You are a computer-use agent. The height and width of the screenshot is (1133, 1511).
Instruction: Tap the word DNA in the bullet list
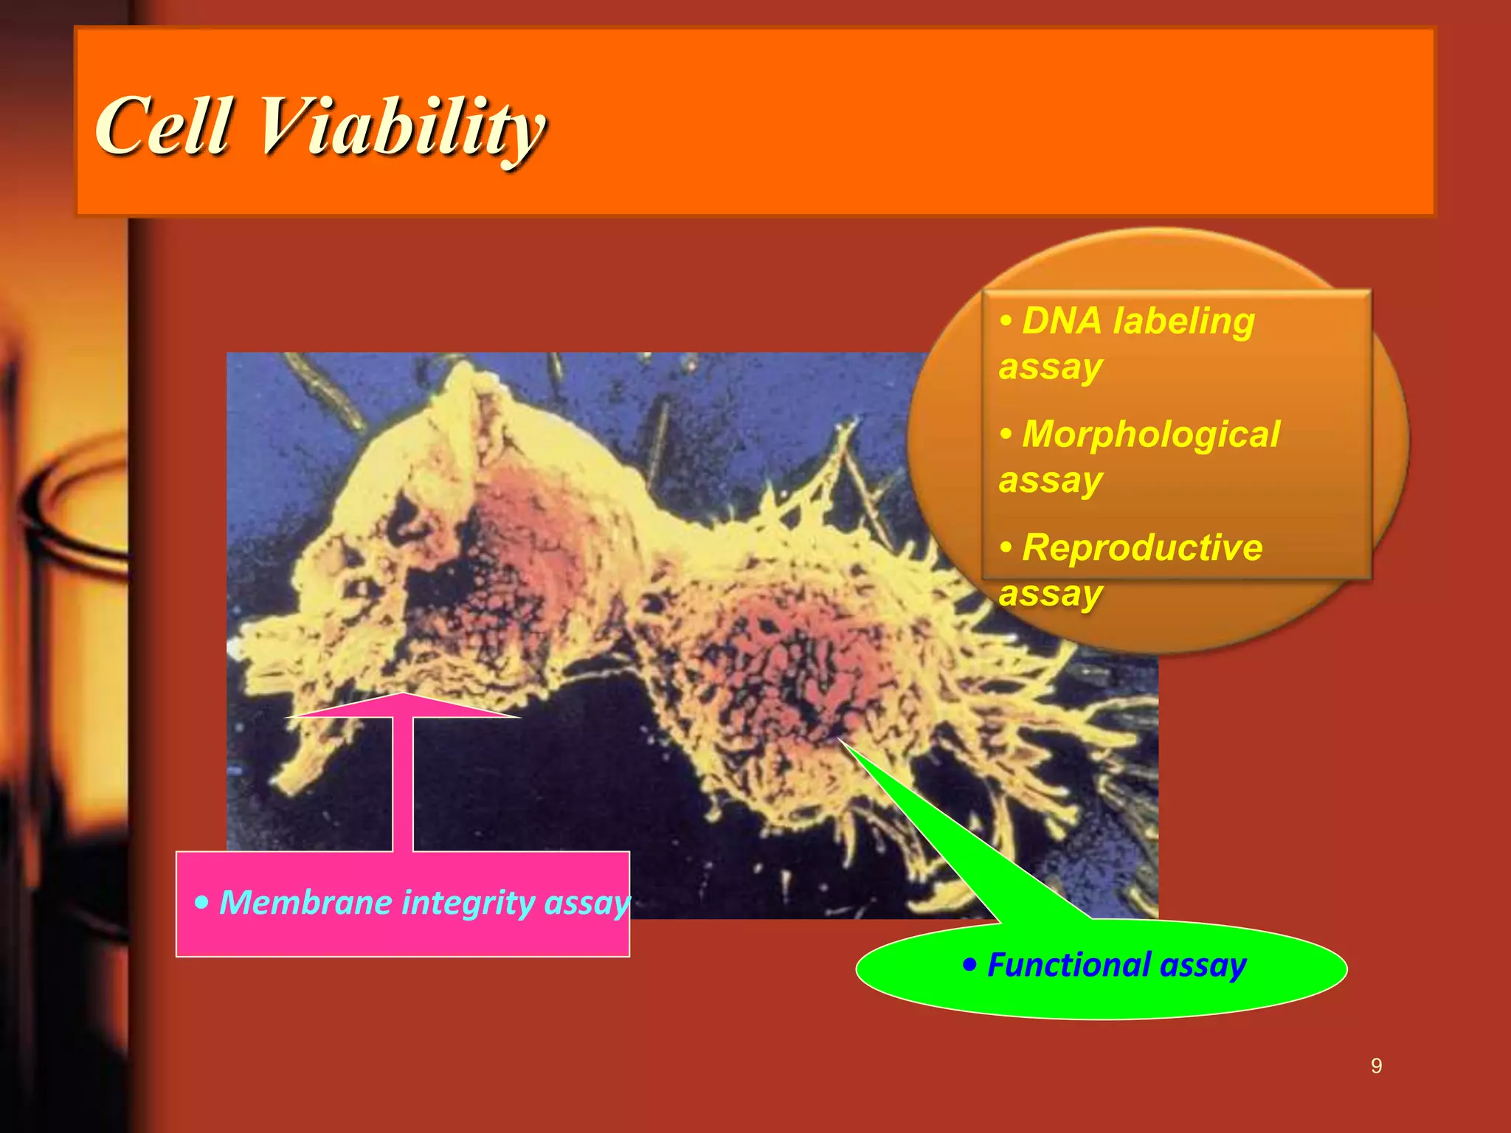(x=1062, y=322)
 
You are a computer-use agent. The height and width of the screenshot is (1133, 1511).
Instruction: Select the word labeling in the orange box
(x=1184, y=322)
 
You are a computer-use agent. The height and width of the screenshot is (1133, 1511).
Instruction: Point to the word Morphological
(x=1151, y=434)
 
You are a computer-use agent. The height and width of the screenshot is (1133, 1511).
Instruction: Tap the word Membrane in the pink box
(x=305, y=903)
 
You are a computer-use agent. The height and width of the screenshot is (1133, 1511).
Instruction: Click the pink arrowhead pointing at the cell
(x=403, y=707)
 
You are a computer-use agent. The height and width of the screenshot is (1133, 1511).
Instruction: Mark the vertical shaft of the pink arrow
(x=403, y=786)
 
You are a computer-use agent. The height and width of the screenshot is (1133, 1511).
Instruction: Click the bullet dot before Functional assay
(x=969, y=965)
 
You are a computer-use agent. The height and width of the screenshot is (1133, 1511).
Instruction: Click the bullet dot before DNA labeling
(x=1006, y=322)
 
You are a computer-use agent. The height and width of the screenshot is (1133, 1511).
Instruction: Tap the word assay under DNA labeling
(x=1051, y=367)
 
